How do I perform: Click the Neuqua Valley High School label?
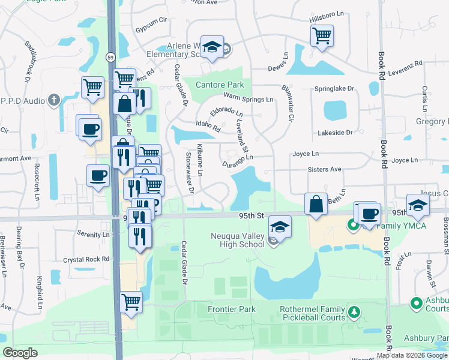point(237,240)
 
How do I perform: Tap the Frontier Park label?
point(232,310)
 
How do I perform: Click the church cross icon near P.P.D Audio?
point(53,100)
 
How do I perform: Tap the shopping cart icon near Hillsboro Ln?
point(322,36)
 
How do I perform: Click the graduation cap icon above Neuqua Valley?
point(280,226)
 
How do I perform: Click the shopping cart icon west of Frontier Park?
point(131,302)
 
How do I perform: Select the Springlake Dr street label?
point(334,89)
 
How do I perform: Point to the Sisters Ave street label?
point(324,170)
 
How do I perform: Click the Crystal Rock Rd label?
point(86,260)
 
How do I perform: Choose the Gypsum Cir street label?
point(150,29)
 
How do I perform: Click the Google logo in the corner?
point(20,353)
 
